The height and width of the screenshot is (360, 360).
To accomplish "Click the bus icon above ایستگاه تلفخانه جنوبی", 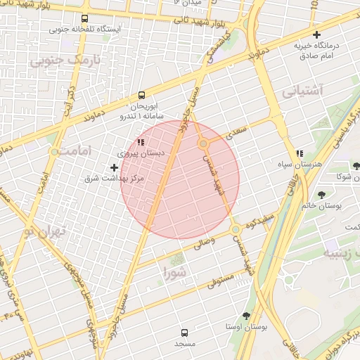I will pyautogui.click(x=85, y=19).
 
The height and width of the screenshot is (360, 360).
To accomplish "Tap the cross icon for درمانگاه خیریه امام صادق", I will pyautogui.click(x=317, y=34).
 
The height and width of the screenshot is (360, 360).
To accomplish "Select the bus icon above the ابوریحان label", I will pyautogui.click(x=142, y=94).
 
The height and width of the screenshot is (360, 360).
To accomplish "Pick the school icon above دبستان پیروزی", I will pyautogui.click(x=141, y=143).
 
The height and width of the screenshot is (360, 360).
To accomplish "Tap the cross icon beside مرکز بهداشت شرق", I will pyautogui.click(x=115, y=167).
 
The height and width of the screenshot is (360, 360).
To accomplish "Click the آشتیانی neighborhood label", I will pyautogui.click(x=302, y=91).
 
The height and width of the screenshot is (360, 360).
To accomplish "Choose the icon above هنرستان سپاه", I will pyautogui.click(x=300, y=153).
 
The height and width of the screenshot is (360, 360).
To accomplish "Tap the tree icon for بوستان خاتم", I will pyautogui.click(x=321, y=194).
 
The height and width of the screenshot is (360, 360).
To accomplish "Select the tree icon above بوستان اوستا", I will pyautogui.click(x=245, y=316).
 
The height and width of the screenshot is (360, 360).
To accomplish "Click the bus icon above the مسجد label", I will pyautogui.click(x=184, y=332).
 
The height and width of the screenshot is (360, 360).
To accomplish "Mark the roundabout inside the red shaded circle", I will pyautogui.click(x=203, y=143).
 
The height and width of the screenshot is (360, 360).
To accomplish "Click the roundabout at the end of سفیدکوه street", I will pyautogui.click(x=236, y=231).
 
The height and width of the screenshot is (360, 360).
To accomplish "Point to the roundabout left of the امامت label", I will pyautogui.click(x=54, y=151).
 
